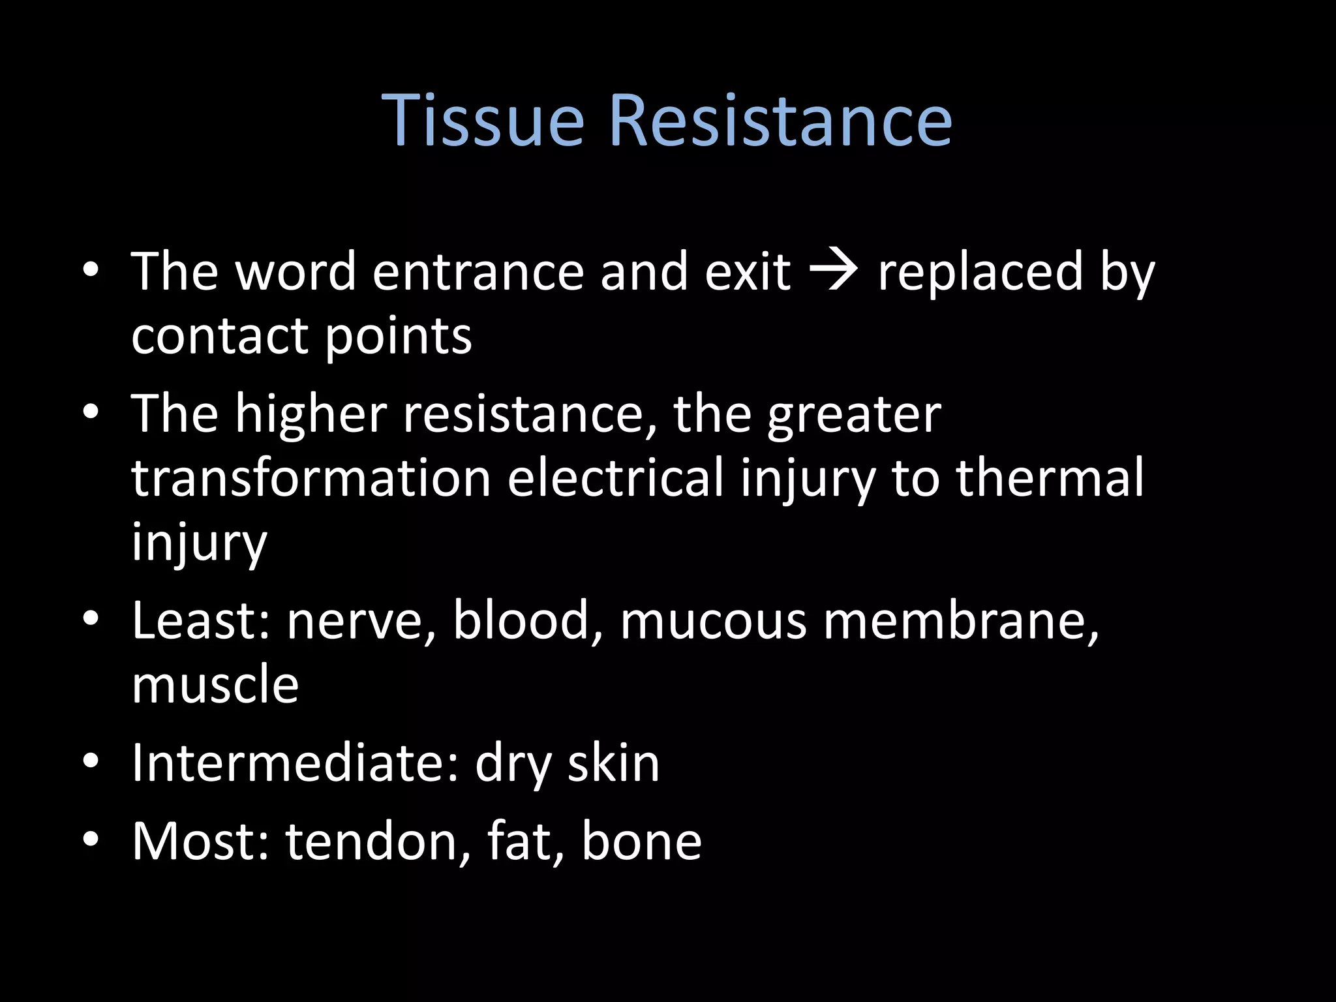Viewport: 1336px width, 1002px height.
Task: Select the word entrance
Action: (478, 272)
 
